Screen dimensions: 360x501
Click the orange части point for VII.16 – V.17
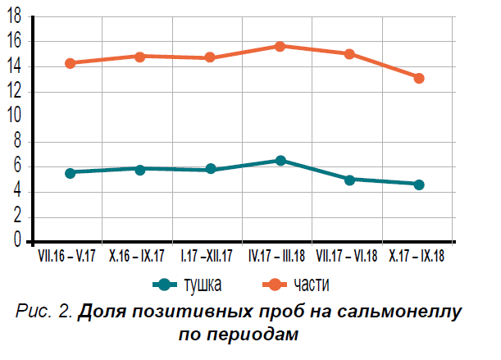pos(70,63)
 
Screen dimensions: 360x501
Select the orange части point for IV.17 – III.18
pos(280,46)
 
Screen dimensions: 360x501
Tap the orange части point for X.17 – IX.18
pos(419,78)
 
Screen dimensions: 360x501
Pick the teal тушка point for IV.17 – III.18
pos(280,161)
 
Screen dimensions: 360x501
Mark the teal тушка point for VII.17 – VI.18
pos(349,179)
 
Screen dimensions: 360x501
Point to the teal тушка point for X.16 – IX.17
pos(140,169)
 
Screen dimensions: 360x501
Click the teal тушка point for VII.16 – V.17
pos(70,173)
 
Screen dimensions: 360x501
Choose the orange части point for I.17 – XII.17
pos(210,57)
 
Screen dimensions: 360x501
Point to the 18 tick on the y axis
pos(15,16)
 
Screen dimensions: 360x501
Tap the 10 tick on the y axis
pos(15,116)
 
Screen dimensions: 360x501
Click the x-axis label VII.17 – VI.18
pos(347,256)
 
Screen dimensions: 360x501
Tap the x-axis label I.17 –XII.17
pos(207,256)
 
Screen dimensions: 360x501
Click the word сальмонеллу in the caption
pos(403,313)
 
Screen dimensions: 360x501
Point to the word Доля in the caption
pos(102,313)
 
